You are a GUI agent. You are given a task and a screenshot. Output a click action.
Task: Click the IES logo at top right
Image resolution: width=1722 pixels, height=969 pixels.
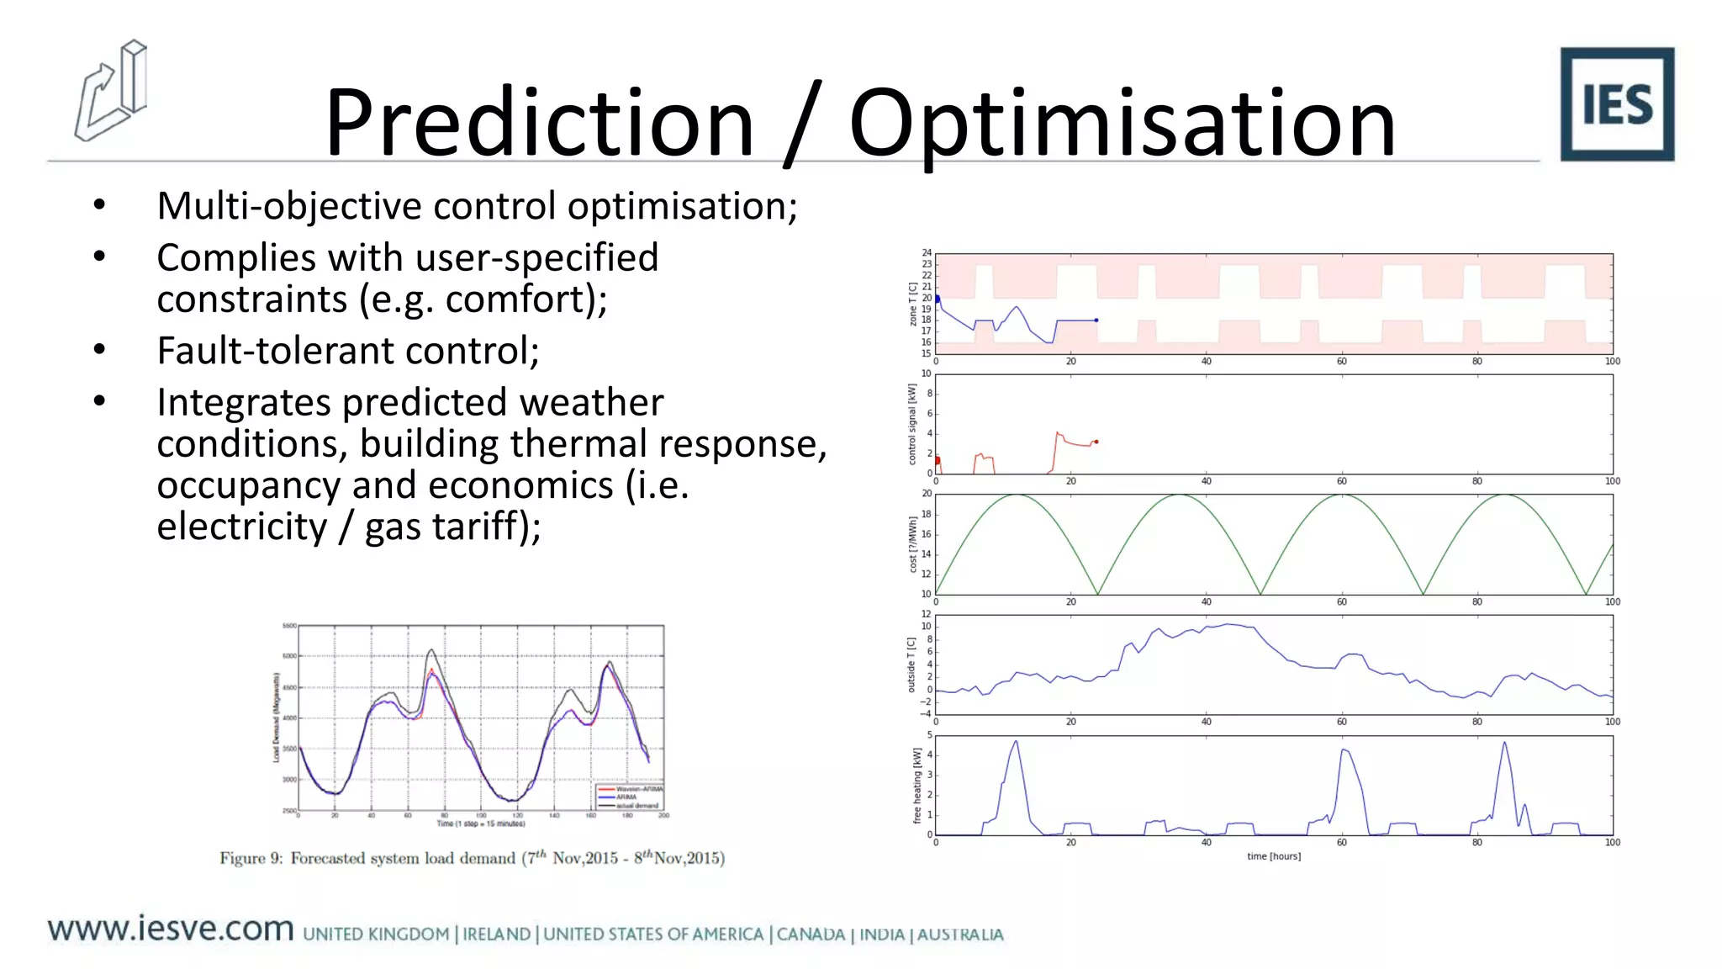pos(1616,104)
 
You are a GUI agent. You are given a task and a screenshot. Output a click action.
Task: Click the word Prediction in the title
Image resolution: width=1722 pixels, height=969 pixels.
pos(539,123)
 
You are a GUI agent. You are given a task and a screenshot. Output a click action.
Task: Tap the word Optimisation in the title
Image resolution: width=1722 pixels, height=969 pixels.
pos(1122,123)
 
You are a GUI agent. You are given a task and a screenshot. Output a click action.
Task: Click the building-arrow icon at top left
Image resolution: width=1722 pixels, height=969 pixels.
pos(111,91)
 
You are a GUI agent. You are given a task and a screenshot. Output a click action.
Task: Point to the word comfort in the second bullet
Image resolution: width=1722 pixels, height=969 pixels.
pos(521,299)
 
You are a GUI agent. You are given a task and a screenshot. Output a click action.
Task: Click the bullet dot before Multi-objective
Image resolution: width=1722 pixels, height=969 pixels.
pos(100,205)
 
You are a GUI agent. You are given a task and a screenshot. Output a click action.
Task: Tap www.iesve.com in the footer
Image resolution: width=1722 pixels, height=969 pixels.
pos(171,929)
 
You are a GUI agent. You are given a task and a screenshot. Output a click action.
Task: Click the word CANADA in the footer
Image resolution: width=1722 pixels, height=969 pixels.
pos(811,935)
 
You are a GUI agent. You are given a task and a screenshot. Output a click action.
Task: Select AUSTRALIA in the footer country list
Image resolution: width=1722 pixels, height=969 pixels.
pos(959,935)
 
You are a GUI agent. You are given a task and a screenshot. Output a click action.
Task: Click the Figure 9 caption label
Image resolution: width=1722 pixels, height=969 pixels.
pos(251,858)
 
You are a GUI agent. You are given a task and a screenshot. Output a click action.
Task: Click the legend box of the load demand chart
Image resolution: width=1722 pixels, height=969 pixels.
pos(630,796)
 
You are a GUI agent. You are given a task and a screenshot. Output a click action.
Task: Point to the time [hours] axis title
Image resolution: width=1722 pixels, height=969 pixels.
pos(1273,856)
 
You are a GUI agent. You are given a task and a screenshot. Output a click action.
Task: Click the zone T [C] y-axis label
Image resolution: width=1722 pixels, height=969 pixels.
pos(912,304)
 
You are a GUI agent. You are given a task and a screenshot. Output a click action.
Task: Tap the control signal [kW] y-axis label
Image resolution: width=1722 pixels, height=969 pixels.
pos(912,424)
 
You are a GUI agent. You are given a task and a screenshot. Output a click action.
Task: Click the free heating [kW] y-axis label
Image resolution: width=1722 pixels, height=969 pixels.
pos(917,786)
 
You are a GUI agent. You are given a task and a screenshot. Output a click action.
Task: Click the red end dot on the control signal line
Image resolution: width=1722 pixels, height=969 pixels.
pos(1096,442)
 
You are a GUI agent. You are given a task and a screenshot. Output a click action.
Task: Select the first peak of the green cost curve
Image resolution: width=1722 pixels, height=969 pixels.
pos(1017,495)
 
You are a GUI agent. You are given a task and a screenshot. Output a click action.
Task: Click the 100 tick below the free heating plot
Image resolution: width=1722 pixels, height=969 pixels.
pos(1612,842)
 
